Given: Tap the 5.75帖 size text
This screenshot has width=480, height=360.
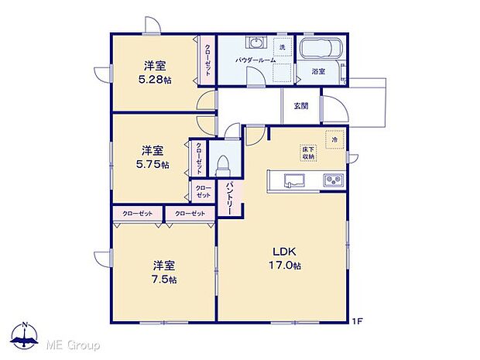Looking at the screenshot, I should coord(153,165).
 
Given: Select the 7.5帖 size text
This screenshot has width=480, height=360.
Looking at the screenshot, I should coord(163,279).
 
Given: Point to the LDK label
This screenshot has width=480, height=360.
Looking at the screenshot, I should coord(279,250).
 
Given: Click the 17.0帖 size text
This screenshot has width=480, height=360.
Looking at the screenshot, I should coord(285,265).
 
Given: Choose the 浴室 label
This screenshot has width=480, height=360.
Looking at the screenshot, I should coord(318,71).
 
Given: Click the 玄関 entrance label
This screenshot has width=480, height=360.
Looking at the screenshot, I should coord(301,106).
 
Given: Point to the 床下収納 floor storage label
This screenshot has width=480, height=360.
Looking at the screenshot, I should coord(308,153).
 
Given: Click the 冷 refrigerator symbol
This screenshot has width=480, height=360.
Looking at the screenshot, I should coord(334,140).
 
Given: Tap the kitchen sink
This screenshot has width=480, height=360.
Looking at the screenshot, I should coord(295,181).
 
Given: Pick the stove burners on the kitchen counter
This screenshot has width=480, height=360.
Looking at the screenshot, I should coord(334,181).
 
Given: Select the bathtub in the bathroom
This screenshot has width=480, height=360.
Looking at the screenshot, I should coord(321,49).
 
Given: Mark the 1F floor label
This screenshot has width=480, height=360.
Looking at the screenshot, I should coord(358,321).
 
